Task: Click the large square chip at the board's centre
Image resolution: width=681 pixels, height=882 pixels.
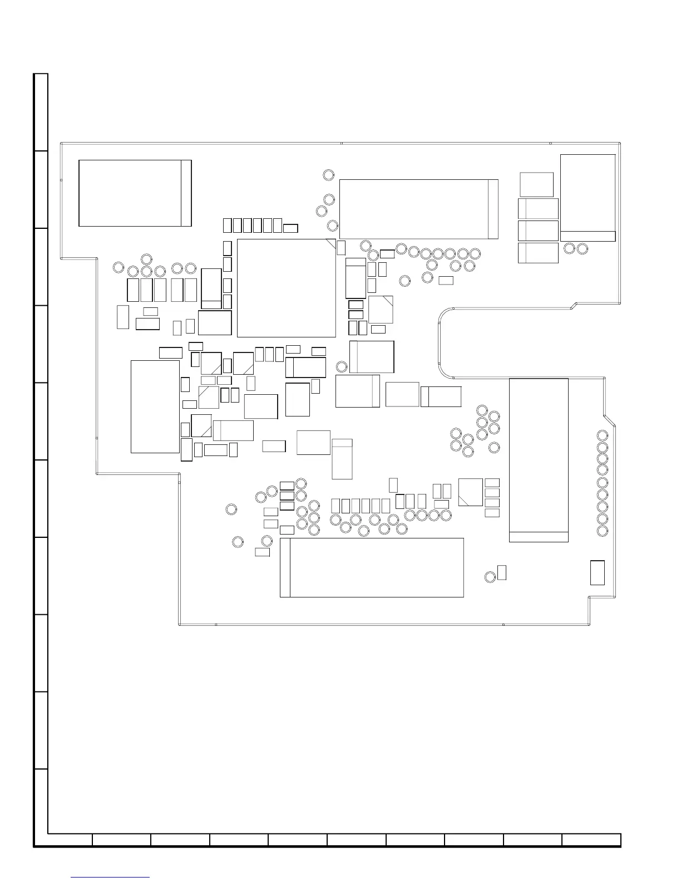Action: (287, 288)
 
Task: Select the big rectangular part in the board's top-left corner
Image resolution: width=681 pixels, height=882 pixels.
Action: (135, 193)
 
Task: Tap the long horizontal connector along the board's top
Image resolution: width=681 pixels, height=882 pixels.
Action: (418, 209)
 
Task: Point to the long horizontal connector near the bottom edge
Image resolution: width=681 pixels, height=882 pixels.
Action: (372, 567)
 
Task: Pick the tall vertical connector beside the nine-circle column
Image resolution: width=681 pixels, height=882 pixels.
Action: (539, 460)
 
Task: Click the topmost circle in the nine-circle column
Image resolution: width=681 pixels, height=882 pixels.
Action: (603, 435)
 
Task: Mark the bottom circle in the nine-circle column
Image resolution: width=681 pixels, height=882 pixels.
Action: (603, 531)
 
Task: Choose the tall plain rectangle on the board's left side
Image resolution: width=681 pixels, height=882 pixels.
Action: (155, 406)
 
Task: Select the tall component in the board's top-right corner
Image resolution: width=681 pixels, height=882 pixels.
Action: (588, 198)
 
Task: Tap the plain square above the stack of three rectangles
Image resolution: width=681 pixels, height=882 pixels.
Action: (536, 184)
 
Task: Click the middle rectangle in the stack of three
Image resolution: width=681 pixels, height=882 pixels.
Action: (538, 231)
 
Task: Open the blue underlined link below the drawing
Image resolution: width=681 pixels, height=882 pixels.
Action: (111, 878)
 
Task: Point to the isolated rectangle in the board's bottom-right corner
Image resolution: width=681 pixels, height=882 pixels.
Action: (597, 572)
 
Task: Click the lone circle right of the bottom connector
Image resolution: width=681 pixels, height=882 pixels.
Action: (490, 577)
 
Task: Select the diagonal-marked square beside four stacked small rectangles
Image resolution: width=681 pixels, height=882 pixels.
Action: (470, 492)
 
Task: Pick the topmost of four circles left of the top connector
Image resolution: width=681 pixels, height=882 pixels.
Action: (328, 175)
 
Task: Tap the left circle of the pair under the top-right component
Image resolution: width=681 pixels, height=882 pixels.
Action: (569, 248)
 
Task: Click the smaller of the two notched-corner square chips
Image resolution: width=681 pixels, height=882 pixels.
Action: (381, 310)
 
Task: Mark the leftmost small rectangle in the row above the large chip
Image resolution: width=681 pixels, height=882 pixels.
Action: (227, 225)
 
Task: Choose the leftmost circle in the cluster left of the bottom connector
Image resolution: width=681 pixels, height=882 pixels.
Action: (231, 509)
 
